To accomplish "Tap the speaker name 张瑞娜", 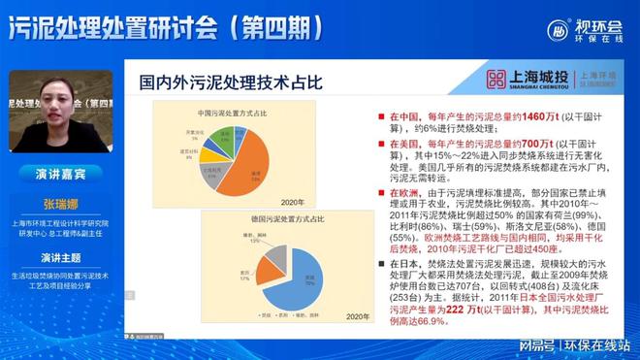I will coord(57,204).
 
